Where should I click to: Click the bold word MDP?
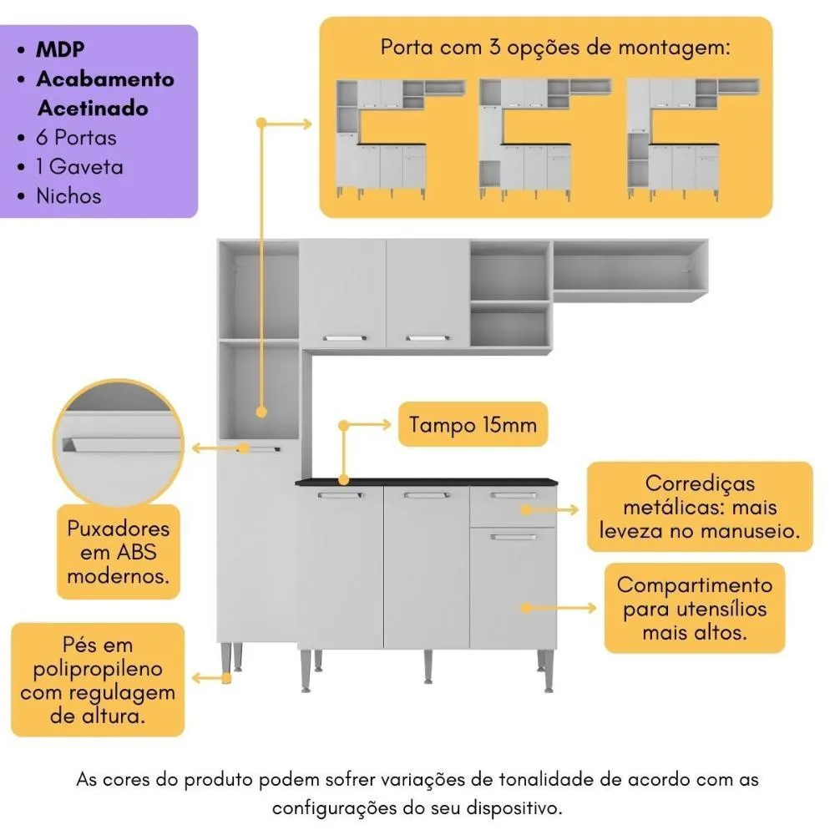tap(60, 48)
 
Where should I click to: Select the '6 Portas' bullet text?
tap(76, 138)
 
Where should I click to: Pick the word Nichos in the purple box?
tap(68, 196)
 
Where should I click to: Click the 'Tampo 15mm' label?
tap(473, 425)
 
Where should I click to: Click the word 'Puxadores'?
tap(119, 529)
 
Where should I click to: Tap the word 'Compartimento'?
tap(695, 585)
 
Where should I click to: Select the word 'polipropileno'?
tap(98, 669)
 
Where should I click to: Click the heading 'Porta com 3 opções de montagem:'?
tap(555, 47)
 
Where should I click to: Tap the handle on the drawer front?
tap(513, 496)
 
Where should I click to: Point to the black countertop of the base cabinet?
tap(426, 481)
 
